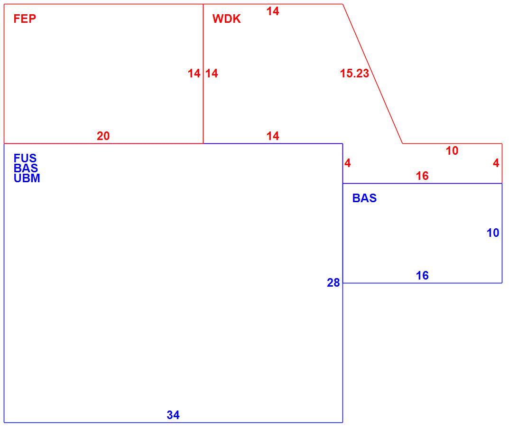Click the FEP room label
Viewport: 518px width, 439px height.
click(x=25, y=19)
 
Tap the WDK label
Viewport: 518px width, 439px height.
click(x=227, y=19)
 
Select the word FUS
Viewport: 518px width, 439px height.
click(x=25, y=158)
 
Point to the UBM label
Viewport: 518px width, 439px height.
click(x=27, y=178)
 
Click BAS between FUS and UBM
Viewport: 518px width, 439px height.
click(x=26, y=168)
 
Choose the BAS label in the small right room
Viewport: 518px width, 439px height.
click(x=364, y=198)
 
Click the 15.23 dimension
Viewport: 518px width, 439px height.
click(x=354, y=74)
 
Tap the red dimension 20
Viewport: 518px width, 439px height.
click(x=103, y=136)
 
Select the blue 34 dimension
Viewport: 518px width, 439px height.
click(x=173, y=415)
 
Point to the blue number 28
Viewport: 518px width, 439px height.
click(x=333, y=283)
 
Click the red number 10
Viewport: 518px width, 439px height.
click(x=452, y=151)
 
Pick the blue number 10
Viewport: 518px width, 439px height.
click(x=493, y=233)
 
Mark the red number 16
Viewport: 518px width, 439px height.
click(x=422, y=176)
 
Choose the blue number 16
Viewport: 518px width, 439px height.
click(x=422, y=275)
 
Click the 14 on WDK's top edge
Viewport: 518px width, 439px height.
click(x=273, y=11)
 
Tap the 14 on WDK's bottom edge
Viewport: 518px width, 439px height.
click(x=273, y=136)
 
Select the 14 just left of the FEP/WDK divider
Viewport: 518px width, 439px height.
click(x=194, y=74)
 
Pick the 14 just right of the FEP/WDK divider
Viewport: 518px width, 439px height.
click(x=212, y=74)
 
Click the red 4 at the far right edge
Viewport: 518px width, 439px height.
click(x=496, y=163)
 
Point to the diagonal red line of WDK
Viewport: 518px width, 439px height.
click(x=373, y=74)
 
